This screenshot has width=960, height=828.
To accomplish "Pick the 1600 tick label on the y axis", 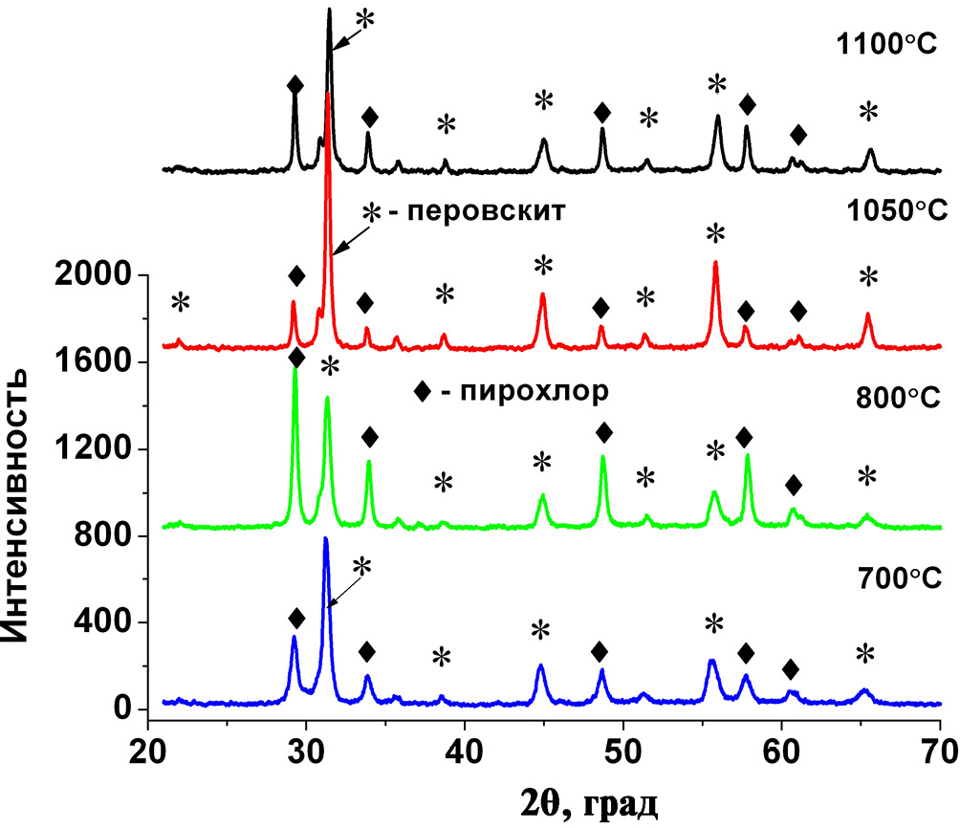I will (98, 362).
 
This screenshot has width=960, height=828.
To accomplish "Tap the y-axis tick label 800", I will (108, 536).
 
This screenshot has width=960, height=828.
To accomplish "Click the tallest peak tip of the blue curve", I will (325, 538).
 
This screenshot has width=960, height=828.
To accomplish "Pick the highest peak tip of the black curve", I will (329, 10).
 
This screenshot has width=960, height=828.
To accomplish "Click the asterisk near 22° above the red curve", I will (180, 304).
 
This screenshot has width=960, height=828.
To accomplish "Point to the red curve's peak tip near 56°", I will (715, 262).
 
